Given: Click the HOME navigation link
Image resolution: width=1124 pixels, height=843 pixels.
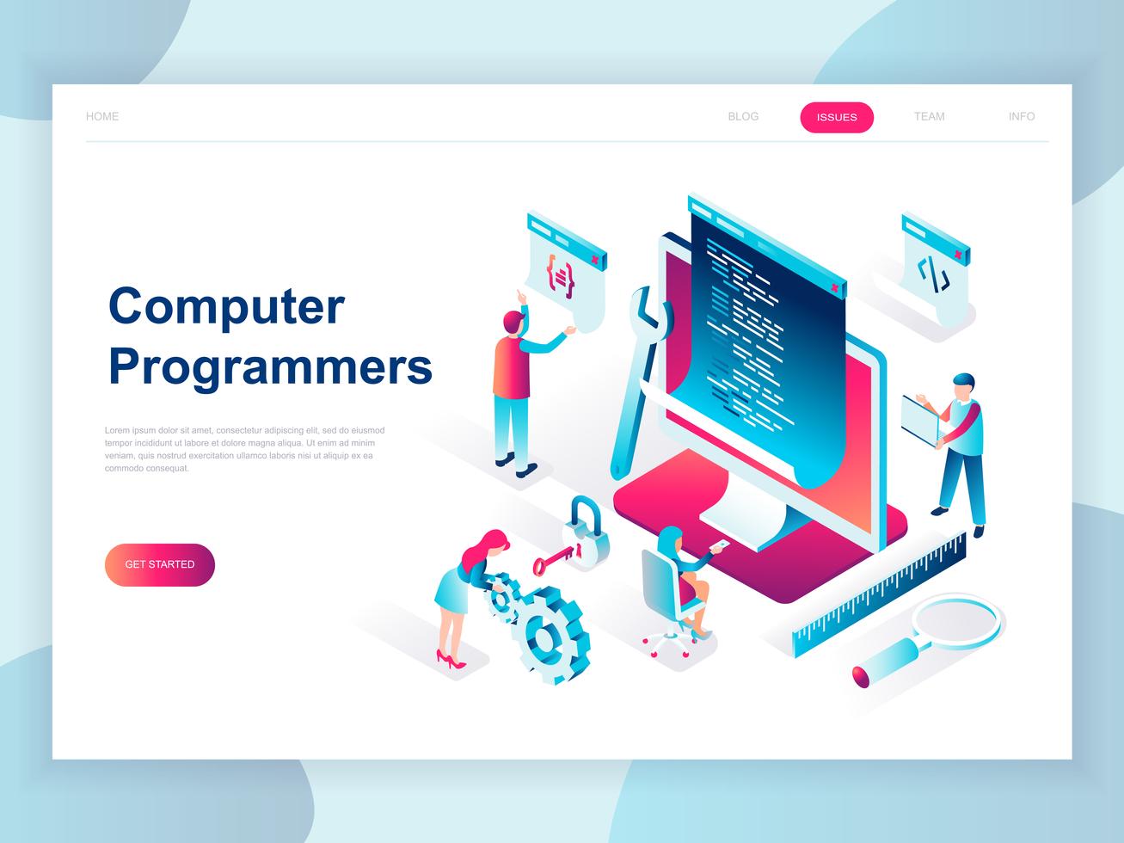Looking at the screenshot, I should [102, 116].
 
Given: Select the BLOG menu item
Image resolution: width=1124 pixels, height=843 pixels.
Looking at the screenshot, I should [743, 116].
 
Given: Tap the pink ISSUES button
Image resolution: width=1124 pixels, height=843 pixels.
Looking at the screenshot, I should [837, 117].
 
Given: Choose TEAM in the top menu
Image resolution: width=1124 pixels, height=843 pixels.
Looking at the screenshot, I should [929, 116].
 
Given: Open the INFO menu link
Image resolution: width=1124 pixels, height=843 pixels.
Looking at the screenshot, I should [1022, 116].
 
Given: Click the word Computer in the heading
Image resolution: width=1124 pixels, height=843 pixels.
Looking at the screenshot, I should [226, 306].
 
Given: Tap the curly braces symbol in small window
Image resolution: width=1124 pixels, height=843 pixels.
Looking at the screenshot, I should [560, 277].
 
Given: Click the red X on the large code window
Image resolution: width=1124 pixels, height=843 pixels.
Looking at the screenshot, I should [832, 287].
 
